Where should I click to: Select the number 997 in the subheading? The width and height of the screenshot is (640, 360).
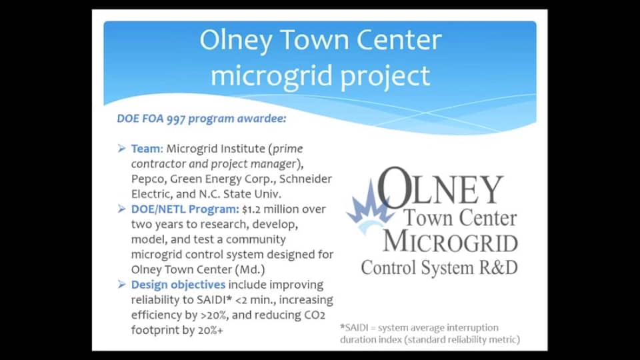tap(176, 119)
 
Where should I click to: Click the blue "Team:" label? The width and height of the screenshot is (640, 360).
tap(147, 149)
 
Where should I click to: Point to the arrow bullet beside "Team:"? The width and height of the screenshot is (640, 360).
tap(121, 148)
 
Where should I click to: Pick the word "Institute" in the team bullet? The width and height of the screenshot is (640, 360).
tap(243, 149)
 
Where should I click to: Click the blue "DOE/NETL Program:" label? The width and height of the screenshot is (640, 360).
tap(185, 209)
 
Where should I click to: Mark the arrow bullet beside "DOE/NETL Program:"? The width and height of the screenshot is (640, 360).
tap(121, 209)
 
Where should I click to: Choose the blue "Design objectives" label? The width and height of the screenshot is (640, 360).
tap(178, 285)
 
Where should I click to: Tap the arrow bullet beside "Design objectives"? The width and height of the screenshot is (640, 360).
tap(121, 284)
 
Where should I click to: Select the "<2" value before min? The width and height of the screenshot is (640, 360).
tap(241, 300)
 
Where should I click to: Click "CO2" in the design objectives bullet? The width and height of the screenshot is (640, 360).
tap(315, 315)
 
